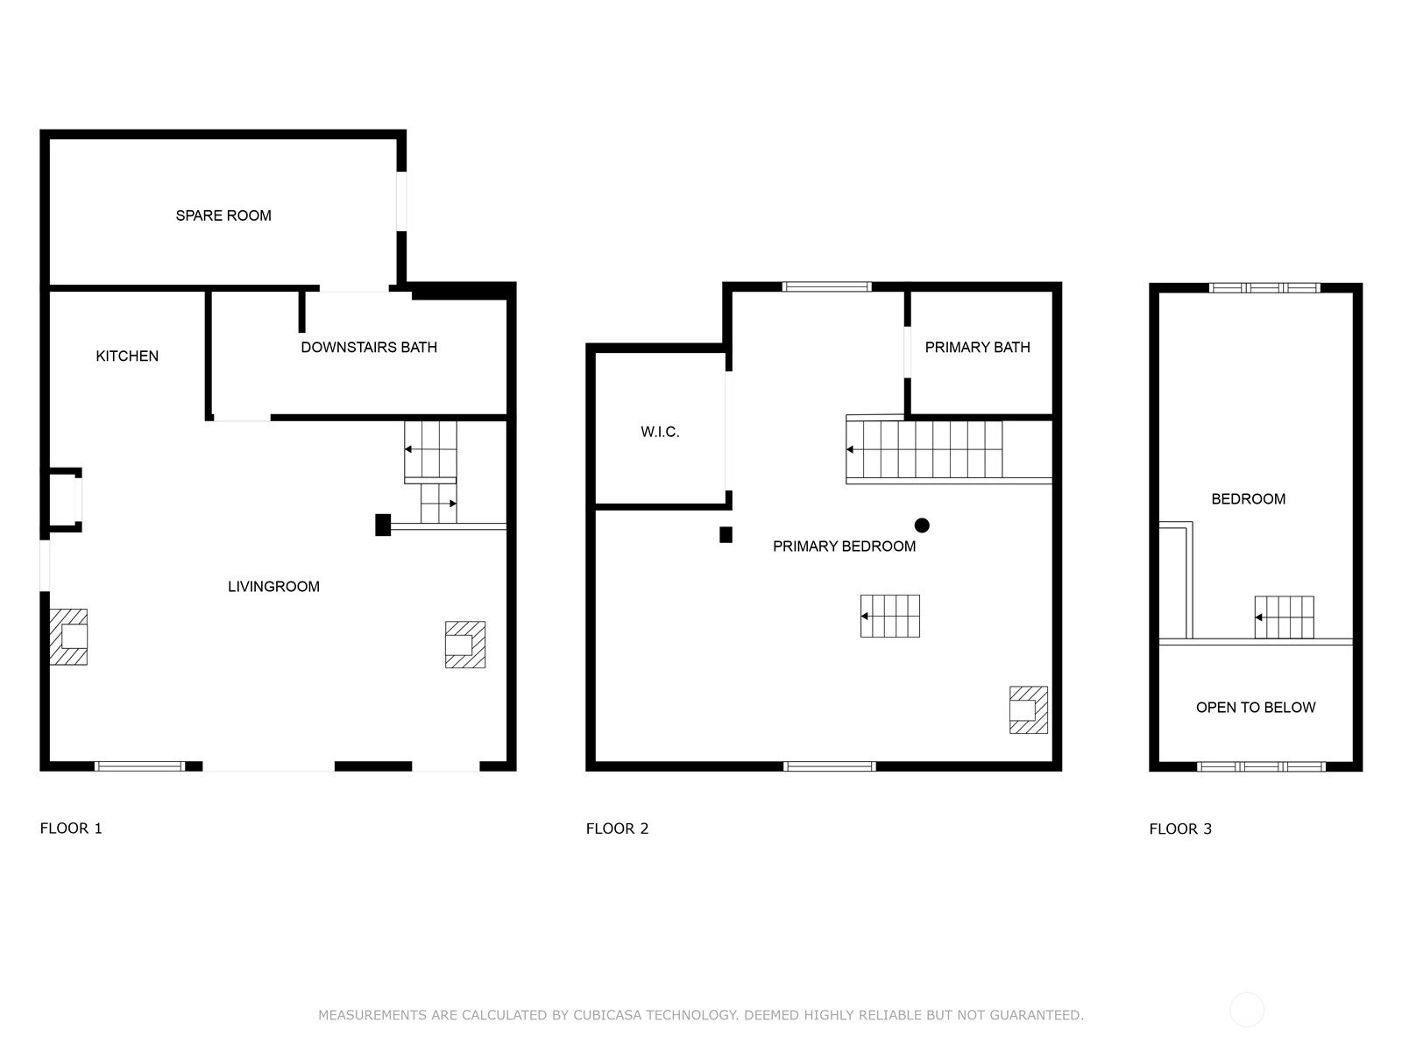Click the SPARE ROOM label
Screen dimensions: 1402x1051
[x=223, y=215]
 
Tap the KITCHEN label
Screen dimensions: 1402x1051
[x=127, y=356]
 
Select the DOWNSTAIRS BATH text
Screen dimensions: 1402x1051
[x=369, y=347]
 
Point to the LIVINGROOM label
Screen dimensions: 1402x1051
[x=274, y=587]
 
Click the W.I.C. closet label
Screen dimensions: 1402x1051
[x=660, y=432]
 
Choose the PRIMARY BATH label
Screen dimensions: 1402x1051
[x=977, y=347]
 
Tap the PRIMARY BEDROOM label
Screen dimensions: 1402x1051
[x=844, y=547]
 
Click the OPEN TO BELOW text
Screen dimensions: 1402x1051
[x=1256, y=707]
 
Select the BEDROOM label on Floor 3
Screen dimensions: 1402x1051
[x=1248, y=499]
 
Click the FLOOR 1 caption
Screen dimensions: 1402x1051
[x=71, y=829]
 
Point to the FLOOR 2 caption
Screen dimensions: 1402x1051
[x=617, y=829]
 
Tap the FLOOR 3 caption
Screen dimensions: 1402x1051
[x=1180, y=829]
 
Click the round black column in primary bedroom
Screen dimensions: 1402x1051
[x=922, y=525]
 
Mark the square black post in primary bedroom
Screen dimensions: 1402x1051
[x=726, y=535]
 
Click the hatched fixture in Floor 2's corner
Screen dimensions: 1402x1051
[x=1029, y=709]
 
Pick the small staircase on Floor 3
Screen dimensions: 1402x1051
[x=1284, y=617]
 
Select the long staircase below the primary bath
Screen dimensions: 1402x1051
[x=924, y=449]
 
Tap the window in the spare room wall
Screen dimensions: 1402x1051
[x=401, y=201]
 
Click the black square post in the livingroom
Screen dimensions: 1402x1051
[x=383, y=525]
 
